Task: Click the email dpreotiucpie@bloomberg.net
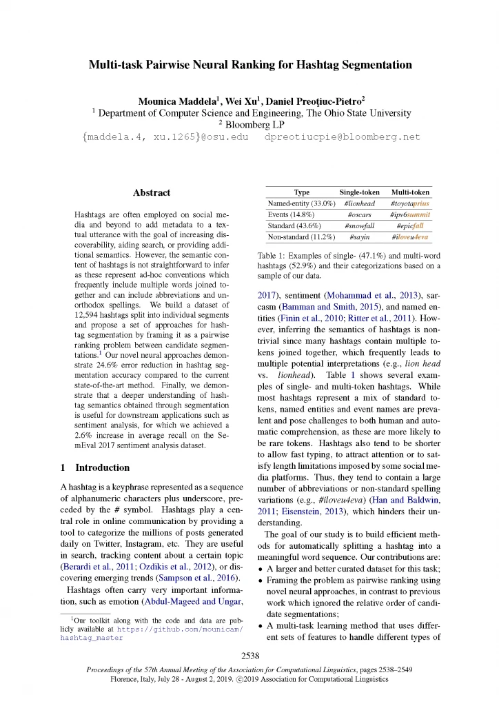(343, 137)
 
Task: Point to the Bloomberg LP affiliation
(250, 125)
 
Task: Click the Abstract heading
(151, 192)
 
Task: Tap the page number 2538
(250, 655)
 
